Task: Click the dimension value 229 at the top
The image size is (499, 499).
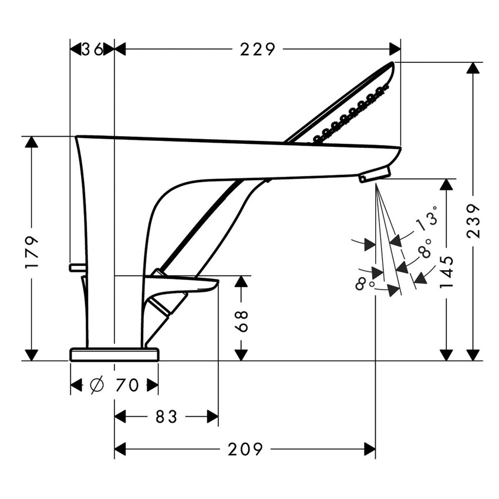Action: (x=257, y=49)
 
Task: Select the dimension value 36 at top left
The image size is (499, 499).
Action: (x=92, y=49)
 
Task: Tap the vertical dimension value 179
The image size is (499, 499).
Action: (x=32, y=252)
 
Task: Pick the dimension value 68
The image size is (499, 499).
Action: (x=241, y=321)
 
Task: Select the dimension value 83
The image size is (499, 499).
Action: (x=166, y=417)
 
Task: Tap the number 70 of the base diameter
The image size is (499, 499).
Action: (x=127, y=385)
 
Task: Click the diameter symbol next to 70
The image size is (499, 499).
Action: (x=97, y=385)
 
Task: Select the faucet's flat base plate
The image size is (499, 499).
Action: (x=114, y=354)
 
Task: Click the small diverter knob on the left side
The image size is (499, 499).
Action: (x=77, y=268)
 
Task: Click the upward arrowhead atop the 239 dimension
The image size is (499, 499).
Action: (x=473, y=68)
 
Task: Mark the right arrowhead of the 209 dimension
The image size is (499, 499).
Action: (x=370, y=450)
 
